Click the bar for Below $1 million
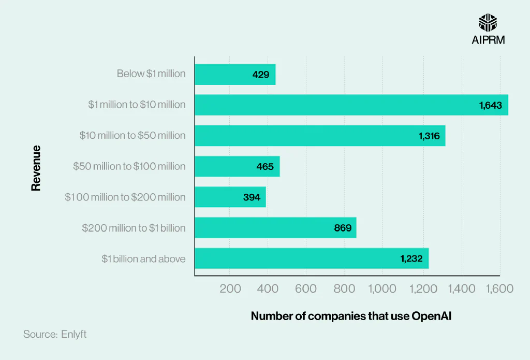pyautogui.click(x=235, y=75)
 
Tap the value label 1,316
pyautogui.click(x=429, y=136)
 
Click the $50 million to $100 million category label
pyautogui.click(x=129, y=166)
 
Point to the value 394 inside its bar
pyautogui.click(x=252, y=198)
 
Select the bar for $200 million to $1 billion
pyautogui.click(x=275, y=228)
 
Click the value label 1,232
pyautogui.click(x=411, y=259)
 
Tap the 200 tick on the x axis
pyautogui.click(x=230, y=289)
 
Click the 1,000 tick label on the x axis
pyautogui.click(x=382, y=289)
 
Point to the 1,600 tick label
pyautogui.click(x=499, y=289)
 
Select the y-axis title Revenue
pyautogui.click(x=36, y=168)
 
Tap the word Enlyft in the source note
pyautogui.click(x=74, y=335)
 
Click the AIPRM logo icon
pyautogui.click(x=488, y=22)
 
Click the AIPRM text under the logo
pyautogui.click(x=488, y=40)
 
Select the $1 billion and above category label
pyautogui.click(x=143, y=258)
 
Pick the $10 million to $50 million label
pyautogui.click(x=132, y=136)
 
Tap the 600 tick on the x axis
pyautogui.click(x=306, y=289)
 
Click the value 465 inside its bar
pyautogui.click(x=265, y=167)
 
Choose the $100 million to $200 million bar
pyautogui.click(x=230, y=197)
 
